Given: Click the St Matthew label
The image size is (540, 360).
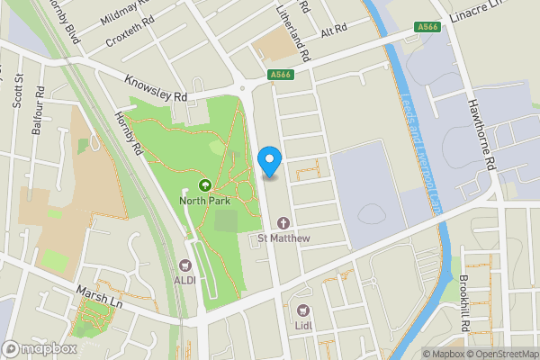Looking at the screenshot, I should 284,238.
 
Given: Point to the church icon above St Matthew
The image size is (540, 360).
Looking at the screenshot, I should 284,223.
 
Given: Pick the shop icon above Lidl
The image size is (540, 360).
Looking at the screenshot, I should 303,310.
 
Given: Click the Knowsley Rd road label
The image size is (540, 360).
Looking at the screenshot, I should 156,87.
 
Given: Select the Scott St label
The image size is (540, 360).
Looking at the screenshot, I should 17,91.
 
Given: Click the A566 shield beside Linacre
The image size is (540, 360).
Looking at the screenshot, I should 428,28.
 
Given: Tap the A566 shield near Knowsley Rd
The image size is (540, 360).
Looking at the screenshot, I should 280,76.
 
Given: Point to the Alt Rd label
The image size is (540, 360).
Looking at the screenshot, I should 333,30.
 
